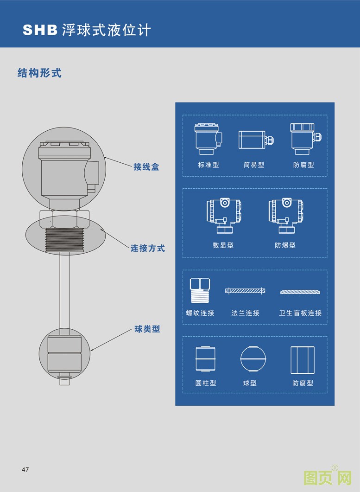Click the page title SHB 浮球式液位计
coord(87,30)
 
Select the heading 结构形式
coord(39,73)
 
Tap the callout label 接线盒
coord(146,167)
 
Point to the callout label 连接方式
coord(147,248)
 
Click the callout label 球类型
coord(147,329)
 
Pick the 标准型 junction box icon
coord(208,139)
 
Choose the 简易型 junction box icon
coord(255,140)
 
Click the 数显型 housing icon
coord(224,216)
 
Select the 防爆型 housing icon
coord(285,216)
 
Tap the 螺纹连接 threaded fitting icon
coord(200,291)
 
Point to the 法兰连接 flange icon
coord(245,291)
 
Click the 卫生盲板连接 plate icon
coord(300,292)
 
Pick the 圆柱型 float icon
coord(205,359)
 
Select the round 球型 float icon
coord(253,359)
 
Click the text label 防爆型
coord(285,245)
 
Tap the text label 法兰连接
coord(245,313)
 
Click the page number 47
coord(25,470)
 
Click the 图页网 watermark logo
coord(328,478)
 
